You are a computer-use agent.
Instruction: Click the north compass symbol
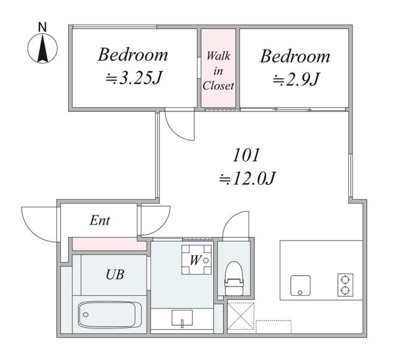click(x=43, y=48)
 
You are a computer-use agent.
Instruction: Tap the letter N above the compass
click(x=43, y=27)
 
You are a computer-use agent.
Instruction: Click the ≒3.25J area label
click(x=134, y=78)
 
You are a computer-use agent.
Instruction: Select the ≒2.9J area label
click(x=296, y=79)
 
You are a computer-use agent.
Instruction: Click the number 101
click(x=246, y=155)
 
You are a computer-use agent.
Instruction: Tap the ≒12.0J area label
click(x=247, y=179)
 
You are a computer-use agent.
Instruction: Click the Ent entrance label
click(x=100, y=220)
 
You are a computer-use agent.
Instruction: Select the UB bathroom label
click(x=115, y=275)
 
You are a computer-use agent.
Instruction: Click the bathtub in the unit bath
click(x=110, y=315)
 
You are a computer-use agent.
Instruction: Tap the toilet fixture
click(x=234, y=278)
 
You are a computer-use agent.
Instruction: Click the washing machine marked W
click(x=197, y=260)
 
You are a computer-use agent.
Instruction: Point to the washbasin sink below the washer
click(x=182, y=319)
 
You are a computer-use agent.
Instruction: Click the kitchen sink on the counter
click(x=300, y=285)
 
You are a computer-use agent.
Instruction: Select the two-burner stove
click(x=345, y=285)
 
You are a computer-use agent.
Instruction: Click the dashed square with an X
click(x=241, y=316)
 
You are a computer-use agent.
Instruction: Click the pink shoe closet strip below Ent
click(x=110, y=244)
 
